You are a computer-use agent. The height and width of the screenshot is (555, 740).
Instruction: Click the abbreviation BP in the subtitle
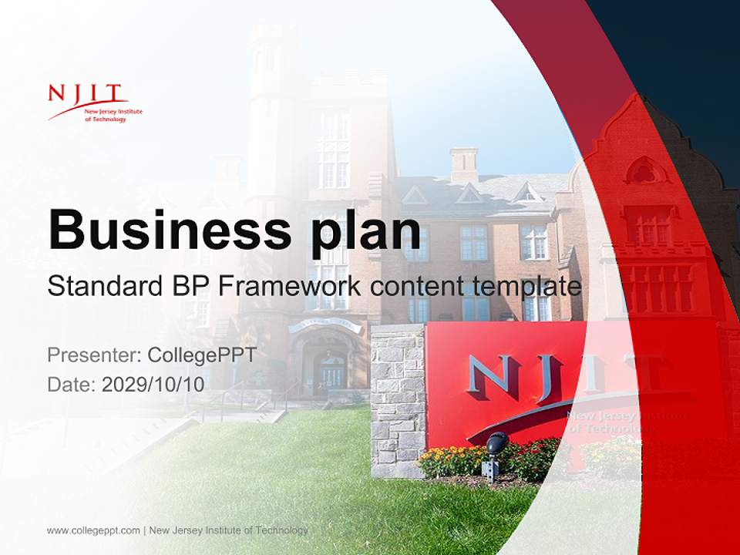(x=187, y=286)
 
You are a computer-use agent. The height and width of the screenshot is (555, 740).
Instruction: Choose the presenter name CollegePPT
(x=202, y=355)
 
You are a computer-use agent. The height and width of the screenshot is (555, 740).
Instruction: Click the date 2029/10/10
(x=153, y=384)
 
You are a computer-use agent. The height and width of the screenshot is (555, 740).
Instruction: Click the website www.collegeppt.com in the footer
(x=93, y=530)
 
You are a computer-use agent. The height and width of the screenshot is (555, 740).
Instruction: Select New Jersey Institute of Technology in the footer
(x=228, y=530)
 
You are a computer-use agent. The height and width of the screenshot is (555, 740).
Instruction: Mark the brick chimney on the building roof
(x=464, y=164)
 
